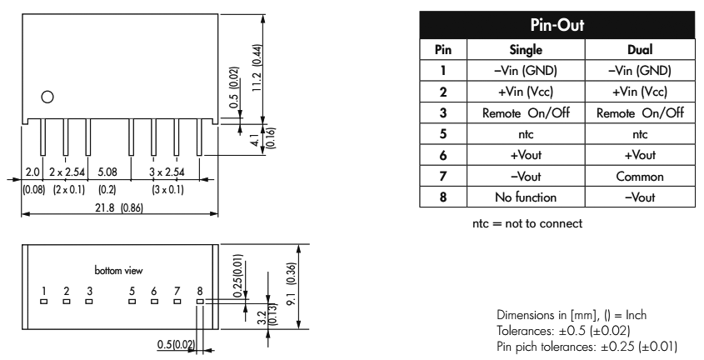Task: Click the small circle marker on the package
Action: coord(48,97)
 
